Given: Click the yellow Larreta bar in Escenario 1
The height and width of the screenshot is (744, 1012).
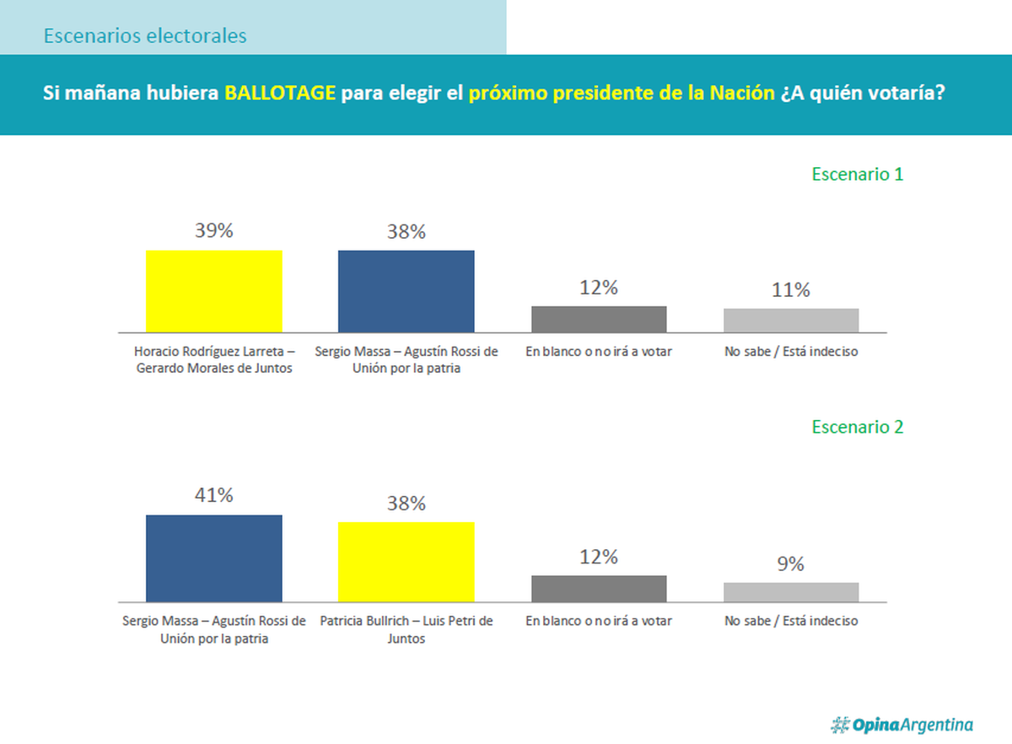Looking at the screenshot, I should pos(214,291).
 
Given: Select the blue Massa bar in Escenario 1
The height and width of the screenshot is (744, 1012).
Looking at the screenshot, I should pos(406,291).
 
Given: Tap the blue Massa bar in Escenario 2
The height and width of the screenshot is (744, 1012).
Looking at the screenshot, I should pos(214,558).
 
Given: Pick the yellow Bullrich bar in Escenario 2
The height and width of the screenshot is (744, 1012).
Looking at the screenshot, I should pos(406,562).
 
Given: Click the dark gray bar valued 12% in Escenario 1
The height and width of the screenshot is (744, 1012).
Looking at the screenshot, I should pos(599,319).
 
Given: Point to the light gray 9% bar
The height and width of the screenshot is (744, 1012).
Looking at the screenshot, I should pos(791,592).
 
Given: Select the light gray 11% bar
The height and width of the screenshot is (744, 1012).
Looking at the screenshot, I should pos(791,321).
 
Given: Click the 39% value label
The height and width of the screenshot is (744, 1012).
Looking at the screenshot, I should pos(214,231).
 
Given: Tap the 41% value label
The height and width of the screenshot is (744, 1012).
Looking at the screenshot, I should pos(214,495).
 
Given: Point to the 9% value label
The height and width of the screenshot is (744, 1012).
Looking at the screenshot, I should pos(791,564).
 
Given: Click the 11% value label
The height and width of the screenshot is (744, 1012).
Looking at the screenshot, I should pos(791,290).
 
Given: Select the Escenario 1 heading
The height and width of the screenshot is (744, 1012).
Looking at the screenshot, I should pos(858,175).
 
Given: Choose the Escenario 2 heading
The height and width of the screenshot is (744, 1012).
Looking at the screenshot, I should pos(858,427).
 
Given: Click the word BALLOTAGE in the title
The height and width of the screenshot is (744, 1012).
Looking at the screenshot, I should pos(280,93).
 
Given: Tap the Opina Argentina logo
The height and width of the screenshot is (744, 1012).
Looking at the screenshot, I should pos(902,725).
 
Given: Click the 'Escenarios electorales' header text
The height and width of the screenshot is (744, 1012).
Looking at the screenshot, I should pos(145,36).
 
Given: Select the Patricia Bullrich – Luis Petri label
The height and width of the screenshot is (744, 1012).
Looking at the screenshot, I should pos(406,629).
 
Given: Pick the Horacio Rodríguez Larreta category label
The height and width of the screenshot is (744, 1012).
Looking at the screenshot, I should pos(214,359).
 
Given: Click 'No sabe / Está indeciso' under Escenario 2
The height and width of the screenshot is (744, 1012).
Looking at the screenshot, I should pos(791,621).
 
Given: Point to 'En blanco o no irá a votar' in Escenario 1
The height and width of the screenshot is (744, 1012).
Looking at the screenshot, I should pos(599,352).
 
